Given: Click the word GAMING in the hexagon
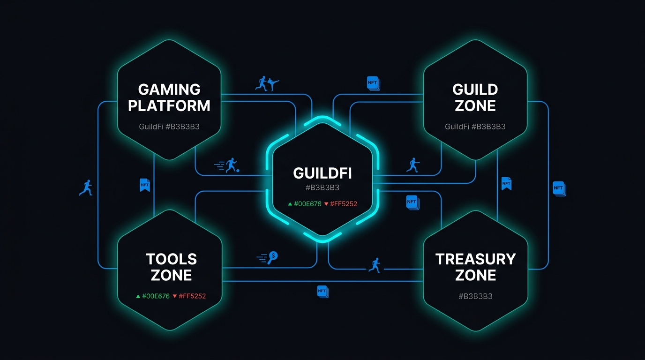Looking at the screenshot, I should pos(169,90).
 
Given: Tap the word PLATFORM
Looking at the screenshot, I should pos(169,106).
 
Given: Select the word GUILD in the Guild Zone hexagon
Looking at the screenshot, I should pos(475,90).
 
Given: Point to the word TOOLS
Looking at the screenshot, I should pos(171,259).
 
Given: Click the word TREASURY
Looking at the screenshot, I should pos(475,259).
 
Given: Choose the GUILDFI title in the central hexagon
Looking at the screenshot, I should pos(322,173).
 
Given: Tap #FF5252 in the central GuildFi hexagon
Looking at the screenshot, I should pos(344,204).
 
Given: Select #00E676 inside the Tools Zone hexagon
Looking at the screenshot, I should pos(156,296).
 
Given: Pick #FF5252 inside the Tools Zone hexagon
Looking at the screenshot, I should pos(192,296).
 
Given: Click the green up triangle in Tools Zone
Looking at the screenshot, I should pos(138,296).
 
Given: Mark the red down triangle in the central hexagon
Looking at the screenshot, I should pos(326,204).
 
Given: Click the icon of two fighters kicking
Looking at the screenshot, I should pos(267,83).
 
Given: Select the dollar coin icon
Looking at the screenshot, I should pos(272,257).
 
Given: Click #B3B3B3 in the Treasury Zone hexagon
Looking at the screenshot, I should pos(475,296).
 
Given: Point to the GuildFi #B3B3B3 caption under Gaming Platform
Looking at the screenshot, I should pos(169,127).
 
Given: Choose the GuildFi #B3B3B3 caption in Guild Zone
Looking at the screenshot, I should pos(475,127).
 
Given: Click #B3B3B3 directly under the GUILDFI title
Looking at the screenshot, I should pos(322,187).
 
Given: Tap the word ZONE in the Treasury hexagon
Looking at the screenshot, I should pos(475,276).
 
